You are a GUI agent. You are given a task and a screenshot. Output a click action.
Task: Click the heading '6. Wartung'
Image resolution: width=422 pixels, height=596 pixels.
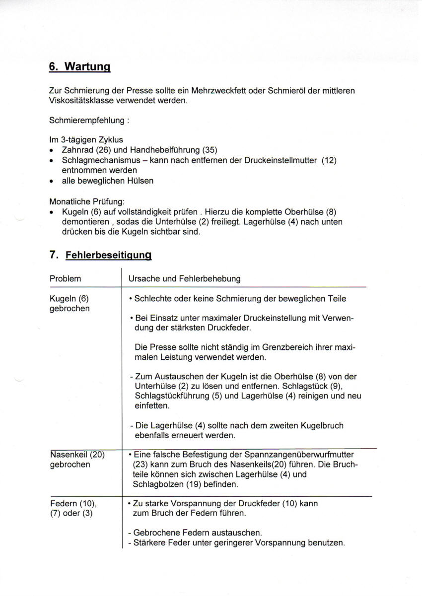coord(79,67)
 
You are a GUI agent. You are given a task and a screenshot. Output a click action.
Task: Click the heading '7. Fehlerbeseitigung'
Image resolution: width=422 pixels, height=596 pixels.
coord(100,255)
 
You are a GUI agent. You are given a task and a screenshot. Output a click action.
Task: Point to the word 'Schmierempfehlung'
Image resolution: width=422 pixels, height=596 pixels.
coord(82,121)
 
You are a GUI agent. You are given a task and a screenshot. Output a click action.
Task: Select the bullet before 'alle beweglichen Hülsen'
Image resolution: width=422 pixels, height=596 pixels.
coord(52,181)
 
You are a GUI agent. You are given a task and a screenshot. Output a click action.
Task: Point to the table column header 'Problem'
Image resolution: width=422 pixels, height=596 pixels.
coord(65,279)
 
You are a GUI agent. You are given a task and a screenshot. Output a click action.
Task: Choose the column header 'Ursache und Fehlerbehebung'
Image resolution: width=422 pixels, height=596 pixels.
coord(184,279)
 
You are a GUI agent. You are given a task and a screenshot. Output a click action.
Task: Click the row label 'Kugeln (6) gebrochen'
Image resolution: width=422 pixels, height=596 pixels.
coord(70,304)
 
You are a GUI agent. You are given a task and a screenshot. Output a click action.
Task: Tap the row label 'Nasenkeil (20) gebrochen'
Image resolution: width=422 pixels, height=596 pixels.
coord(77,460)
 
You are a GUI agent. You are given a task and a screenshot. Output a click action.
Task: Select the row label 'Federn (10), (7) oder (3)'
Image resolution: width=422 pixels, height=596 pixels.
coord(73,508)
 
